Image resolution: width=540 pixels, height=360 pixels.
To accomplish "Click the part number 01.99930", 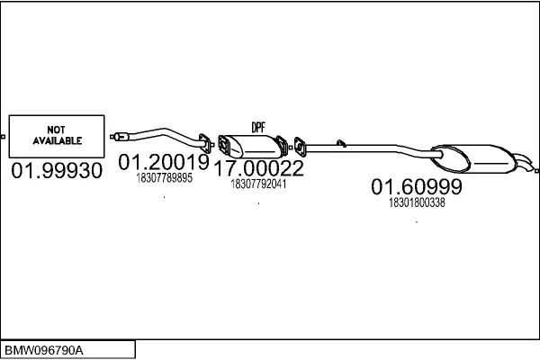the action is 57,170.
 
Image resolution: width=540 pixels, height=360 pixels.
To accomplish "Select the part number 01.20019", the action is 164,162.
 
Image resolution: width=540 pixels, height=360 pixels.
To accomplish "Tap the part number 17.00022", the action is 258,168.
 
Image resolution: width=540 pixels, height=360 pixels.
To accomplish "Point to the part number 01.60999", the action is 417,186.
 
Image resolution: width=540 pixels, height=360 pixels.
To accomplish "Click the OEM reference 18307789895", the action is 165,178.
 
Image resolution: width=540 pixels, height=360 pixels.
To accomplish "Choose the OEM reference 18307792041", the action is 258,184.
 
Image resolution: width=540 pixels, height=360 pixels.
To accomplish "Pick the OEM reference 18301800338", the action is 417,202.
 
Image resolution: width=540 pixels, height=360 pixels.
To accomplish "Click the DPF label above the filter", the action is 258,128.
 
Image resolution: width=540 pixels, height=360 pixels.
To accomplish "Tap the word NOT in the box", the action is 56,130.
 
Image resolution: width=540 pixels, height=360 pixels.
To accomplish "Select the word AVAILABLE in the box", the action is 58,140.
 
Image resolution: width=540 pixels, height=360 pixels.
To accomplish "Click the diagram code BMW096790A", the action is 44,351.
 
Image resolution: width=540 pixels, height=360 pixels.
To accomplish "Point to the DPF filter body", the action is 254,146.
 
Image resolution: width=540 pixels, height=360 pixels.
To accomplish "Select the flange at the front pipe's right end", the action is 205,143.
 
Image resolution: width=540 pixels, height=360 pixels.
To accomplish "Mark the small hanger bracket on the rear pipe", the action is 341,143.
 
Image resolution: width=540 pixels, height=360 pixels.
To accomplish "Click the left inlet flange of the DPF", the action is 224,145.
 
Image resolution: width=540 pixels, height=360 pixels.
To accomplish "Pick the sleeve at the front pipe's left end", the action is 121,137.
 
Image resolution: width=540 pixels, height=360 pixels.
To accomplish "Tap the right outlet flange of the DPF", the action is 283,146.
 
